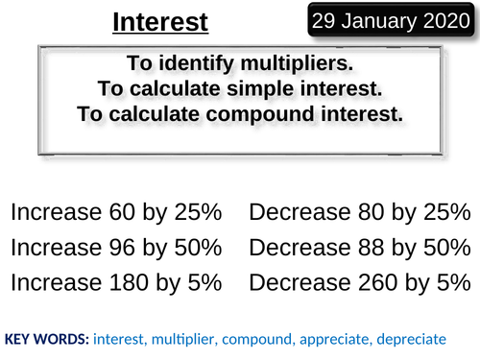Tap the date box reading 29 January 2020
[390, 19]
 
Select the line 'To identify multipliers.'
[239, 65]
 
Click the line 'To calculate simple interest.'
[239, 89]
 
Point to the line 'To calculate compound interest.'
[239, 113]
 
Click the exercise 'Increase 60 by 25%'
[116, 211]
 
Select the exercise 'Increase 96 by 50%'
[116, 247]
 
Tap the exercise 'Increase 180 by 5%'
[116, 282]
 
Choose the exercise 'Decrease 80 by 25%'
[360, 211]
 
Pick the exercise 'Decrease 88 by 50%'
[360, 247]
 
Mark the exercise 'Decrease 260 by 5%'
[360, 282]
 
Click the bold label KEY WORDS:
[47, 339]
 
